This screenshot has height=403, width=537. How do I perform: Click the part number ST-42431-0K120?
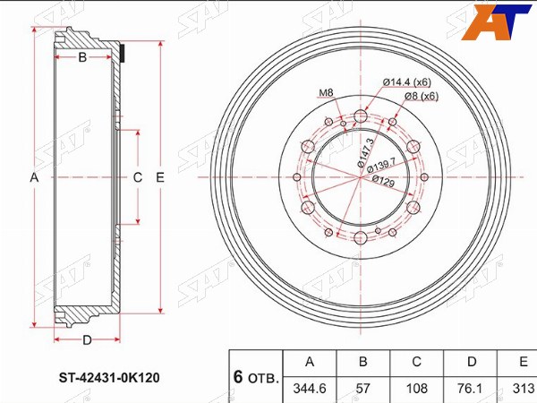coord(109,378)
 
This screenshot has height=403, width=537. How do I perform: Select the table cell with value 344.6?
coord(310,390)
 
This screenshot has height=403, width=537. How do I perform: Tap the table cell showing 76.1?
coord(472,390)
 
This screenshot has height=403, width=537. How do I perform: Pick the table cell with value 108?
coord(416,390)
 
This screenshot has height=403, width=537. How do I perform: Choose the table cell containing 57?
coord(363,390)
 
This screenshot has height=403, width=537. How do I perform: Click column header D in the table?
coord(472,363)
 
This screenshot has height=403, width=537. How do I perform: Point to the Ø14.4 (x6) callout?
coord(406,82)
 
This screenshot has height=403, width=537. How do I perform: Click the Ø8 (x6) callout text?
coord(422,97)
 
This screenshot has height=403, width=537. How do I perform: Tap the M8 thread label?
coord(326,92)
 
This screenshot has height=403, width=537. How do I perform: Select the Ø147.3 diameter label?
coord(365,152)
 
